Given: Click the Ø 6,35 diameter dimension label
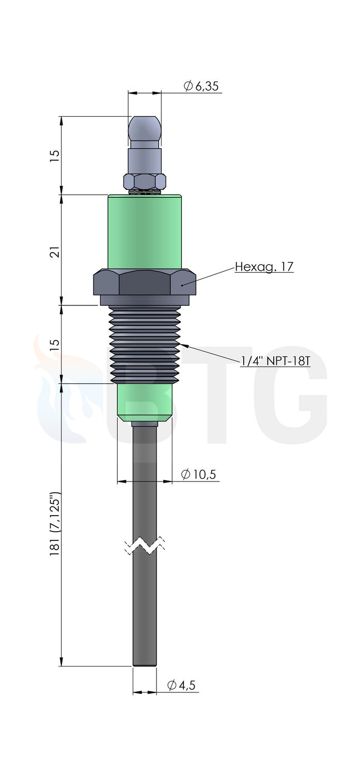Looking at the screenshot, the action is [201, 86].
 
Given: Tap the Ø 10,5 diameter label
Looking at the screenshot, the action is [198, 474].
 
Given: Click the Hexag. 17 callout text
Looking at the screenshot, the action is [264, 267].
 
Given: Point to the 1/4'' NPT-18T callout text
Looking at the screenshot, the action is [275, 361].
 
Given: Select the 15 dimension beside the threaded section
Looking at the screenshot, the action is [55, 345].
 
